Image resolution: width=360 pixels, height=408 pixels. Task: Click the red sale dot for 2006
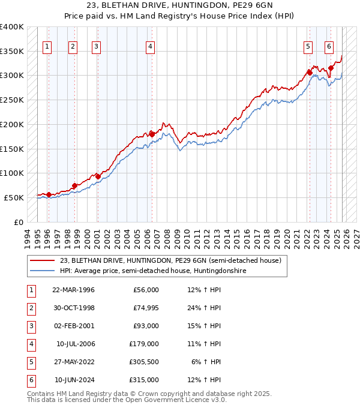tap(152, 133)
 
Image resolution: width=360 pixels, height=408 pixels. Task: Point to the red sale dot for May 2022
tap(310, 73)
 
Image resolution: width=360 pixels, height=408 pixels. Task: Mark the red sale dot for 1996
tap(49, 194)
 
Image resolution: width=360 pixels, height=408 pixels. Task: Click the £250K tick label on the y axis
tap(11, 100)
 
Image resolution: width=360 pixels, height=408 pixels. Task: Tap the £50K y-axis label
tap(14, 197)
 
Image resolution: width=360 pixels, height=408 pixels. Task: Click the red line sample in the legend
tap(42, 260)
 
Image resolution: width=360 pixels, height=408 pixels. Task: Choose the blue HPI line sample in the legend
tap(42, 271)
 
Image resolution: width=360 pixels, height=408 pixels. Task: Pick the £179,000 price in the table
tap(144, 344)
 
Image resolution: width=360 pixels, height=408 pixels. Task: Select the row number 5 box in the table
tap(29, 362)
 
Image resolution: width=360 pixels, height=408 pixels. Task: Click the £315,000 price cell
tap(144, 380)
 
